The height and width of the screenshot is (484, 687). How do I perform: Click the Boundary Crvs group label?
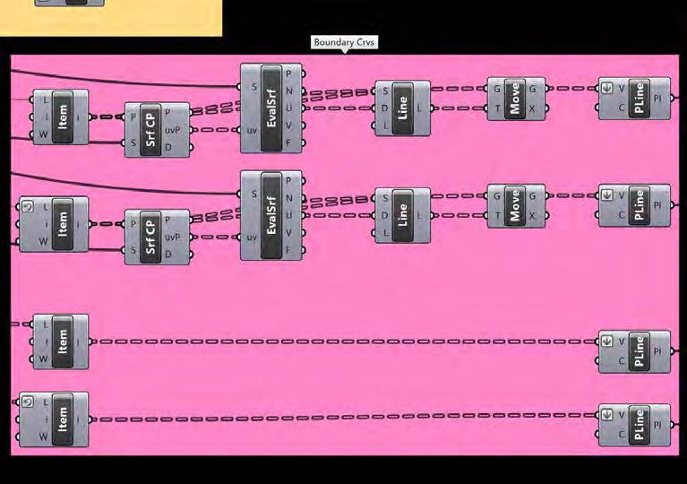point(345,42)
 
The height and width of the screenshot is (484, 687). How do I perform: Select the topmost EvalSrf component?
point(271,108)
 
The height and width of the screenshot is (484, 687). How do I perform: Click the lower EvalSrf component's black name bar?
point(271,215)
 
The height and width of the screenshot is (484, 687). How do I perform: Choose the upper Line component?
point(402,108)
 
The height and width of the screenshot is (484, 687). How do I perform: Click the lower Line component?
point(402,215)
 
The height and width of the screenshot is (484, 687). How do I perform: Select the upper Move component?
point(514,98)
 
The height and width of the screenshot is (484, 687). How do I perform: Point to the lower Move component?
point(514,205)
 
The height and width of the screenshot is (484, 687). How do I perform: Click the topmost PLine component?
point(638,99)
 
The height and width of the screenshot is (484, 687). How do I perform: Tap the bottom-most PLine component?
point(638,425)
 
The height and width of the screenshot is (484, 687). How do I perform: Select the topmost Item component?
point(62,117)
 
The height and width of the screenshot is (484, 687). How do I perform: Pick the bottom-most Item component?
point(62,419)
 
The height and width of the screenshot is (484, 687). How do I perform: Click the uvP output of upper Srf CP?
point(173,130)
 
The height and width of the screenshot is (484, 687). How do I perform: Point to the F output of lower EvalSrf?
point(288,249)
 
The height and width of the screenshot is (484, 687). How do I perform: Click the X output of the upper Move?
point(533,108)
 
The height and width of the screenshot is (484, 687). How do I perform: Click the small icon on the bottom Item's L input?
point(27,402)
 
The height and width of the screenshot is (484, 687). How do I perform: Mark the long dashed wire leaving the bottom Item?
point(340,419)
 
